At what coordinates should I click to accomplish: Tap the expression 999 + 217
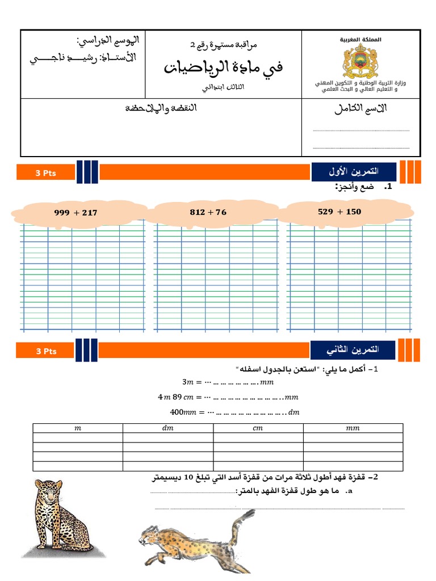[x=76, y=213]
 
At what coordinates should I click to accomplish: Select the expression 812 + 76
[x=208, y=212]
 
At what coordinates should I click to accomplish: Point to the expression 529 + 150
[x=339, y=212]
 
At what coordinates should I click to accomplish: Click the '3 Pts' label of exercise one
[x=46, y=173]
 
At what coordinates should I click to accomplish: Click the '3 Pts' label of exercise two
[x=46, y=351]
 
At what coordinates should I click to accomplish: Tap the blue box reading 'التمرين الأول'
[x=353, y=171]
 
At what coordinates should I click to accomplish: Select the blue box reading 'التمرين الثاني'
[x=353, y=350]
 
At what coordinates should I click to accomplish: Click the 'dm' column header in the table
[x=168, y=428]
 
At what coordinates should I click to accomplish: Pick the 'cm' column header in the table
[x=258, y=428]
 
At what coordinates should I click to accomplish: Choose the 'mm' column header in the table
[x=353, y=428]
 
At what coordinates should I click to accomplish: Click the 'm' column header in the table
[x=78, y=428]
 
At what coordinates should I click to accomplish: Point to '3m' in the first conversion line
[x=188, y=381]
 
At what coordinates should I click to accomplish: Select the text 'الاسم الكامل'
[x=360, y=110]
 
